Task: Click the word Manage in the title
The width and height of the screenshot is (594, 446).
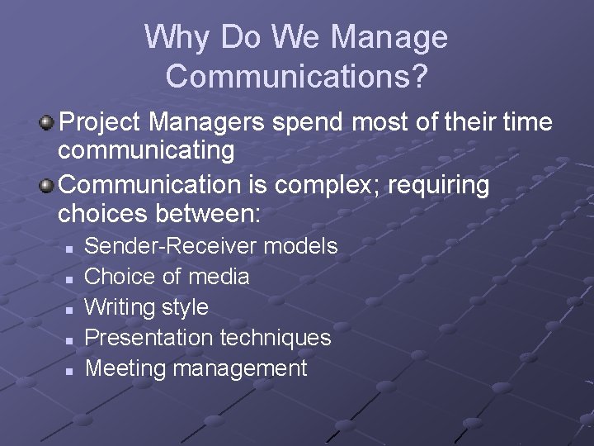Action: (x=389, y=38)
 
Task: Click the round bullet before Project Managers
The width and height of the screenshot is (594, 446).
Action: (x=47, y=124)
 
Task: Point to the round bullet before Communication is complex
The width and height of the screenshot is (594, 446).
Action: (x=47, y=185)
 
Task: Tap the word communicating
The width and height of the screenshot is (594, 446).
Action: (x=146, y=152)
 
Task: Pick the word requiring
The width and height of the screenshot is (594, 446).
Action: (x=439, y=185)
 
